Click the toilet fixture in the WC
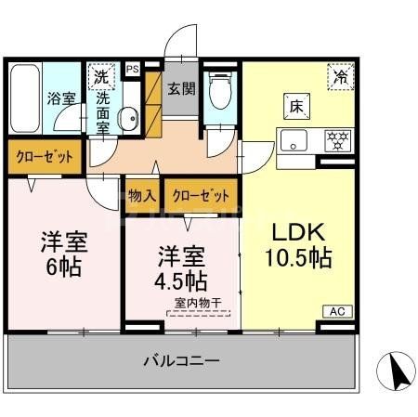pos(220,93)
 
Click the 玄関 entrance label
pos(180,89)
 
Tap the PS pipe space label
pos(132,69)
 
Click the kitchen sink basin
pos(295,142)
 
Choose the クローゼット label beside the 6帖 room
pos(43,156)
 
